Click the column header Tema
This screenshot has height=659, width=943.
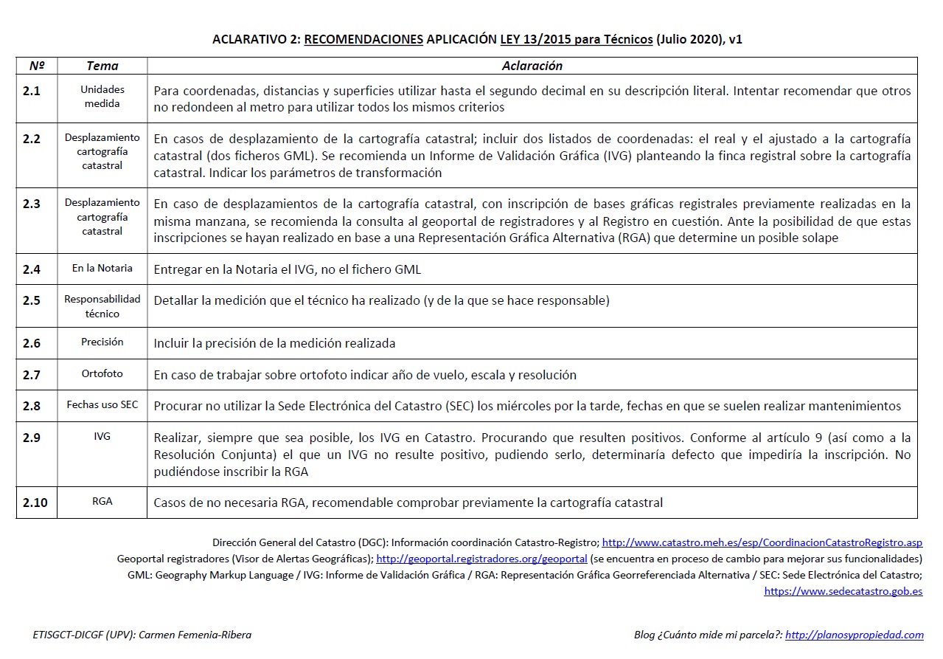(x=102, y=66)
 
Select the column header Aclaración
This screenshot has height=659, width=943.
(x=532, y=66)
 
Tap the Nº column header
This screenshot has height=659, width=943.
(x=37, y=66)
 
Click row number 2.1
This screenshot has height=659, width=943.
(x=32, y=92)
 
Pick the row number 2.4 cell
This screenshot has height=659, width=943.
(x=32, y=269)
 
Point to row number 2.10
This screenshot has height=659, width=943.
(x=35, y=503)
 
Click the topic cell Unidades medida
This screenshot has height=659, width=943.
(x=102, y=97)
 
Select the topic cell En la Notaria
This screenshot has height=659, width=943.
(x=102, y=269)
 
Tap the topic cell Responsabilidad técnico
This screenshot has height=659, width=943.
(x=102, y=306)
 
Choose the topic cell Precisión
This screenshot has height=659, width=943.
(x=102, y=342)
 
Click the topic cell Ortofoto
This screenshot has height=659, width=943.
(x=102, y=374)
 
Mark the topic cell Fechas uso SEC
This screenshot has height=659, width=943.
(x=102, y=405)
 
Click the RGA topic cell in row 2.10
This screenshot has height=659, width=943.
(x=102, y=501)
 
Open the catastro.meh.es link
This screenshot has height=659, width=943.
(x=762, y=542)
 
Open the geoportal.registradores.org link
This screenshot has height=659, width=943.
(x=481, y=559)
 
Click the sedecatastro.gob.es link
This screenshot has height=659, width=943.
(x=843, y=591)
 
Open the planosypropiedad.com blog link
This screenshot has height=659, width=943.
(x=854, y=635)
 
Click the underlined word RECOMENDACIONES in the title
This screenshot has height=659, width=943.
(x=363, y=39)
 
